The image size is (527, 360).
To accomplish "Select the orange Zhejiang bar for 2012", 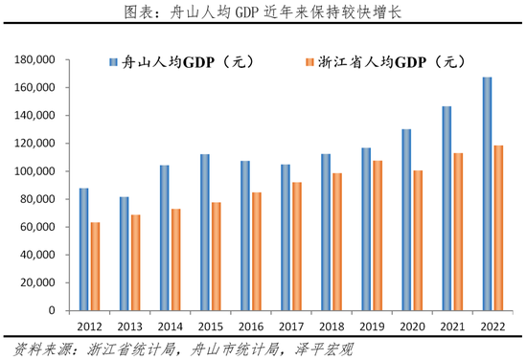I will pos(95,267).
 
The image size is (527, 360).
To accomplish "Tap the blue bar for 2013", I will pos(124,255).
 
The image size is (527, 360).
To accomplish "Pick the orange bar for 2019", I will pos(377,236).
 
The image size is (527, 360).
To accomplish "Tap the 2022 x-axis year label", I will pos(492,326).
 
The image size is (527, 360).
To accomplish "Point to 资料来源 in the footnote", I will pos(36,348).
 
